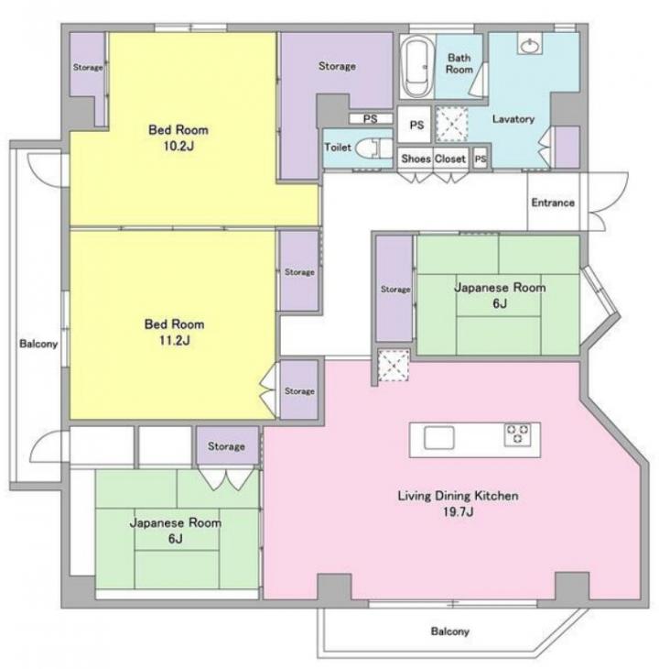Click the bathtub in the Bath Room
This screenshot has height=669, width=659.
(416, 67)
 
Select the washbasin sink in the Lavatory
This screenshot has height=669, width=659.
(530, 43)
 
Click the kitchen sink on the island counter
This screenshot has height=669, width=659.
(438, 438)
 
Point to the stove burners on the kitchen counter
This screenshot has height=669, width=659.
(517, 434)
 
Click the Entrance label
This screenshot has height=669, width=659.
(553, 203)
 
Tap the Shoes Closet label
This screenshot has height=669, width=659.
(433, 159)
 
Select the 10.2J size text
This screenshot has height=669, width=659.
(178, 147)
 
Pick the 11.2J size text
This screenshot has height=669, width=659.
(175, 341)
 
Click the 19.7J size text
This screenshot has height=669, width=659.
(458, 511)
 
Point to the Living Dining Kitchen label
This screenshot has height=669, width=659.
(458, 496)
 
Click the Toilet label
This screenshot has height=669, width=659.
(338, 148)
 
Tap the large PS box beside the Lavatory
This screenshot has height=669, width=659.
(414, 125)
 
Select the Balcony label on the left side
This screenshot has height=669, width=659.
(38, 344)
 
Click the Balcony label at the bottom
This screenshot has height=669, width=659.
(449, 631)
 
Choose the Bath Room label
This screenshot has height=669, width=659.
(459, 63)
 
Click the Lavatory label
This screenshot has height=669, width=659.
(513, 118)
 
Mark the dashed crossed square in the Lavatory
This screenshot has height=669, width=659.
(452, 125)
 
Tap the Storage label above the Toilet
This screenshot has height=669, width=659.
(337, 66)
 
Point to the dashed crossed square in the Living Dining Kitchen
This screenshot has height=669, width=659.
(394, 366)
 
